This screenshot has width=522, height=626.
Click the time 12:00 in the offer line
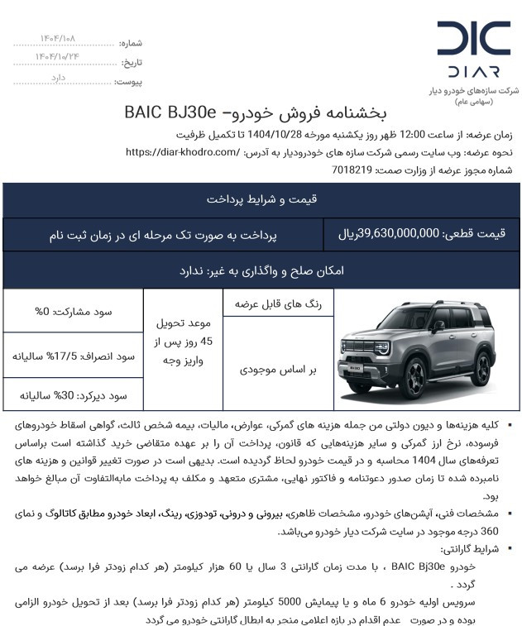point(412,135)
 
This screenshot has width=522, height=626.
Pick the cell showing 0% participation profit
point(73,312)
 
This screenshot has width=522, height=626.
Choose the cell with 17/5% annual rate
point(73,356)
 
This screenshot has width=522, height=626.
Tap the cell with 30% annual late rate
point(73,396)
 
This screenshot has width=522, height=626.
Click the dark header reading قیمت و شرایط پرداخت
point(261,199)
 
